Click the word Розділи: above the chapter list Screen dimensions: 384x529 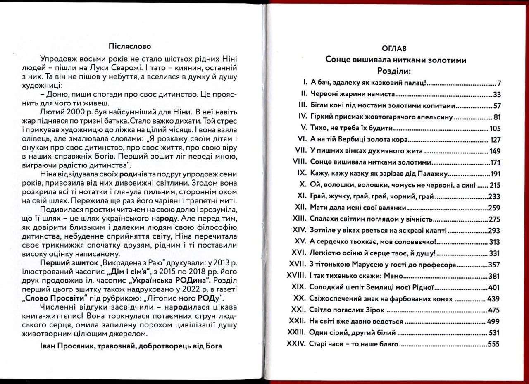tap(396, 72)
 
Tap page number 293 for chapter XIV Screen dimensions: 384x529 tap(494, 231)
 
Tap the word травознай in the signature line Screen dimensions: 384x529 tap(111, 346)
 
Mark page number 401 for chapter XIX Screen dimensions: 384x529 tap(494, 288)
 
